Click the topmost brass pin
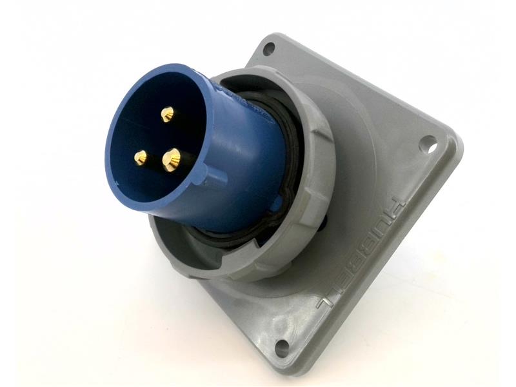tap(167, 114)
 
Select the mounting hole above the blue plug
tap(270, 48)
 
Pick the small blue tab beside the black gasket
tap(276, 206)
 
